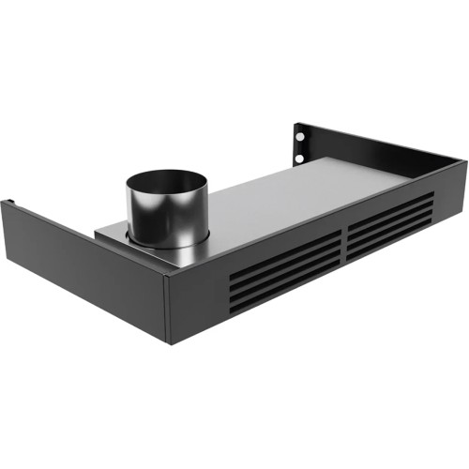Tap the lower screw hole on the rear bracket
coord(298,159)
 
